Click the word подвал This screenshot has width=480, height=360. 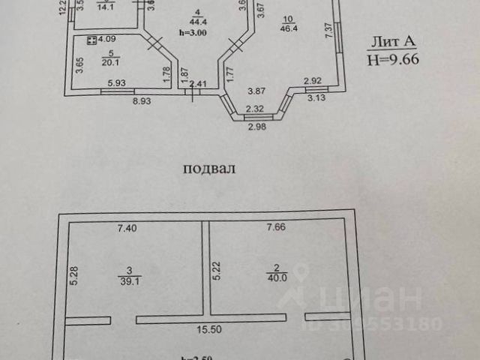[x=209, y=168]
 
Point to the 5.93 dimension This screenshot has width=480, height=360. [x=116, y=84]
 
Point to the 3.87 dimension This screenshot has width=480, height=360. [x=257, y=91]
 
